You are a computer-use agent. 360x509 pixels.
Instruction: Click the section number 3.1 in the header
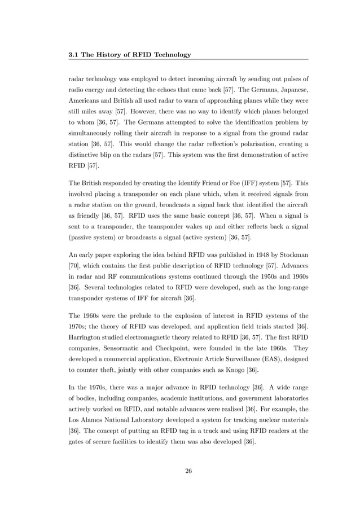coord(73,55)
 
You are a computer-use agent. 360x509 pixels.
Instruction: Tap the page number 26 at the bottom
coord(188,471)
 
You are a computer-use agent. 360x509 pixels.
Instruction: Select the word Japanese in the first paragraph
coord(291,89)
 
